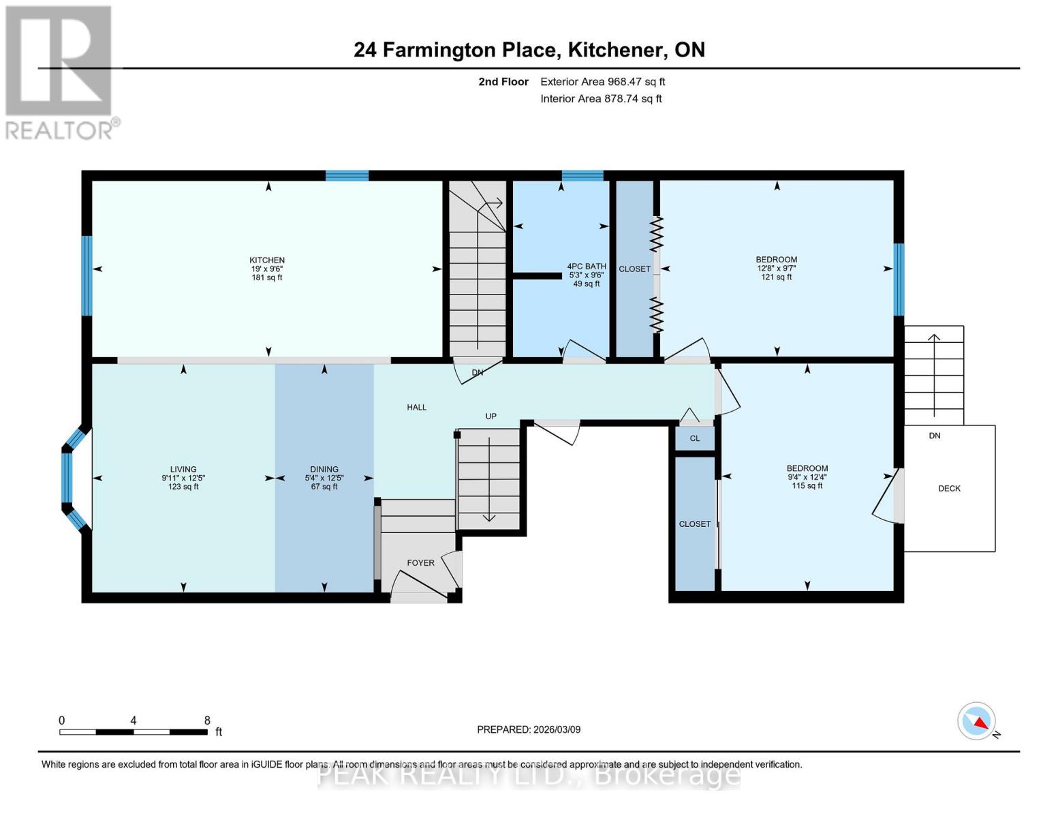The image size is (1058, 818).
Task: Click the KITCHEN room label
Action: (x=267, y=260)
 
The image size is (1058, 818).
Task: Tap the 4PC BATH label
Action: (x=586, y=267)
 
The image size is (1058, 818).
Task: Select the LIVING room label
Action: (x=183, y=469)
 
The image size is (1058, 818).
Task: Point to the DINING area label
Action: (x=324, y=469)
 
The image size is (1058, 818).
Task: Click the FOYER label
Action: (x=420, y=563)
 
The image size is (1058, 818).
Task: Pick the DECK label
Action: (x=949, y=489)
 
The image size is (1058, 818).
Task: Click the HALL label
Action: (x=417, y=408)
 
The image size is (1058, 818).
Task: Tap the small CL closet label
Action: (x=695, y=438)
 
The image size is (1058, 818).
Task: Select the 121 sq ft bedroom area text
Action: (x=777, y=277)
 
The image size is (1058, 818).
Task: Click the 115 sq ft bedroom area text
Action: (x=807, y=486)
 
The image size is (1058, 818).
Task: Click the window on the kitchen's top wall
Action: (x=347, y=176)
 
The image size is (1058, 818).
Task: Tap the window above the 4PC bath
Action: (x=582, y=176)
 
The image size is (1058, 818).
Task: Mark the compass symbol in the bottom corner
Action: (x=977, y=721)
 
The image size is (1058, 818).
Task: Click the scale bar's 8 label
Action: (x=207, y=721)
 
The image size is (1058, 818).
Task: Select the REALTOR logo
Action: (x=60, y=72)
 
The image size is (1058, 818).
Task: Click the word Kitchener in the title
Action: (x=617, y=50)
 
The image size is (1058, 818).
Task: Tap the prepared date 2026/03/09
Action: (x=556, y=729)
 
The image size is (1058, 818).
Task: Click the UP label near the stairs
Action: (x=491, y=416)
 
